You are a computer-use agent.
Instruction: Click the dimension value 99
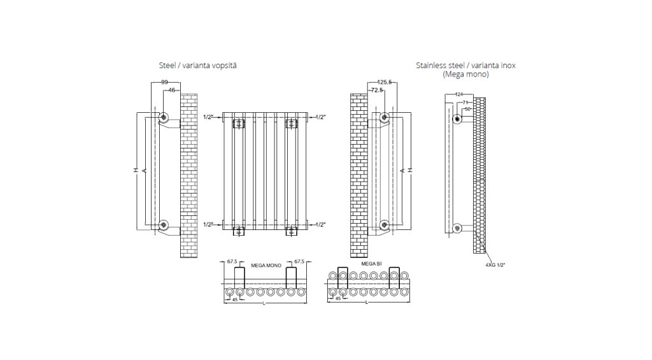pyautogui.click(x=164, y=83)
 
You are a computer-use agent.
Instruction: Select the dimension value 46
pyautogui.click(x=171, y=90)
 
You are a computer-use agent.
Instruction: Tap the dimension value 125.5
pyautogui.click(x=384, y=82)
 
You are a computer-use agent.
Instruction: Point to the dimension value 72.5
pyautogui.click(x=377, y=90)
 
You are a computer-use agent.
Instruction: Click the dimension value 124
pyautogui.click(x=459, y=95)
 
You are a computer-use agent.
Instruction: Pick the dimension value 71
pyautogui.click(x=465, y=102)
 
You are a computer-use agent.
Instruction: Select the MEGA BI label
pyautogui.click(x=371, y=263)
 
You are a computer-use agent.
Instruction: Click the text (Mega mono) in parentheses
pyautogui.click(x=465, y=75)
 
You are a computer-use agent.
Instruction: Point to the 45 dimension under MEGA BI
pyautogui.click(x=337, y=298)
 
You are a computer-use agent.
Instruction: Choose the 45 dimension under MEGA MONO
pyautogui.click(x=234, y=299)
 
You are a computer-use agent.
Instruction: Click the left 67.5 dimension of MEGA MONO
pyautogui.click(x=232, y=262)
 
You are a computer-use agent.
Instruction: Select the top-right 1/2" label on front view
pyautogui.click(x=321, y=117)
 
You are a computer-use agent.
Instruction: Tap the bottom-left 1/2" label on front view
pyautogui.click(x=208, y=225)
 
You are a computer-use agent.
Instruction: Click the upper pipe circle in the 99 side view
pyautogui.click(x=164, y=117)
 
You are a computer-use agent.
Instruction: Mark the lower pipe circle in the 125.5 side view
pyautogui.click(x=385, y=224)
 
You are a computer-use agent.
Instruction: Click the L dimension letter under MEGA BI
pyautogui.click(x=366, y=302)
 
